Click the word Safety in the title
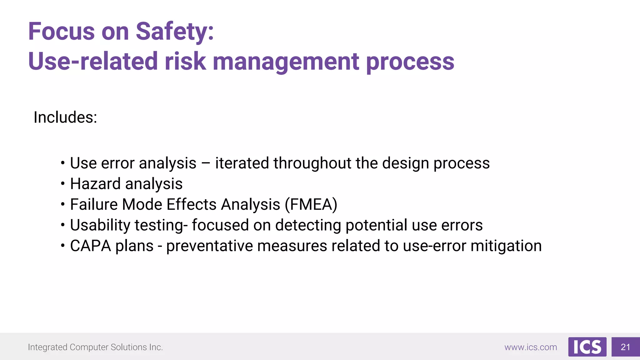(174, 32)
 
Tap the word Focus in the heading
(61, 32)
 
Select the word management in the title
(286, 61)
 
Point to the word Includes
(65, 117)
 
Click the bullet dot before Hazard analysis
(63, 184)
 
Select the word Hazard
(95, 184)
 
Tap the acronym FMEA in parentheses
(311, 205)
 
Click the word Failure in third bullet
(94, 205)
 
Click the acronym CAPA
(90, 246)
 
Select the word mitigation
(506, 246)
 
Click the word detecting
(308, 225)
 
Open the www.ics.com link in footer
(531, 347)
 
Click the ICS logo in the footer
(587, 347)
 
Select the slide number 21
(625, 347)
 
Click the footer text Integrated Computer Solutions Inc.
(95, 347)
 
